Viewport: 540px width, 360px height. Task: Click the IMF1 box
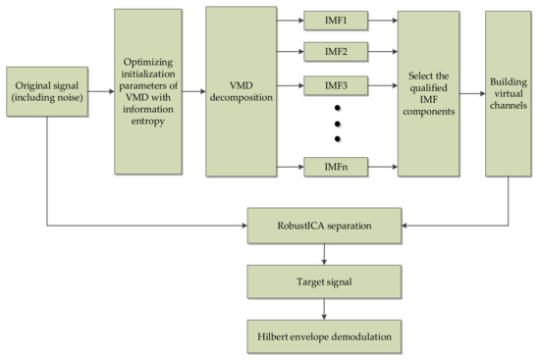tap(337, 19)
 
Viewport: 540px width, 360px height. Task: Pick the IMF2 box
tap(337, 50)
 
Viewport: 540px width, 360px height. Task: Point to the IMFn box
tap(337, 168)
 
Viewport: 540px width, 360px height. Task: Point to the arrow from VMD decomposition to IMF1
tap(289, 19)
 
